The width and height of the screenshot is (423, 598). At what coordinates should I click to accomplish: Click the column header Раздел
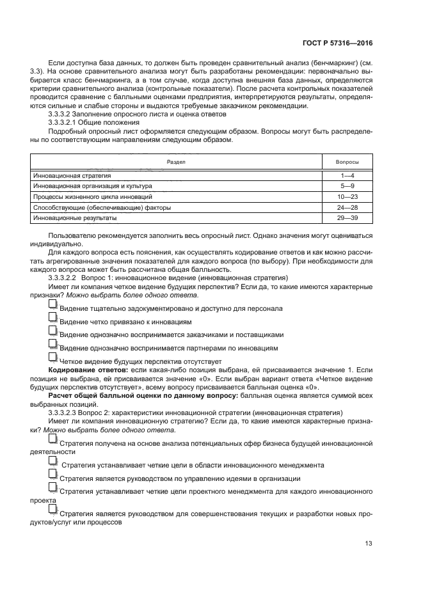(176, 162)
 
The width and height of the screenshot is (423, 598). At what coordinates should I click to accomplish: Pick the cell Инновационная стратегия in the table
(72, 175)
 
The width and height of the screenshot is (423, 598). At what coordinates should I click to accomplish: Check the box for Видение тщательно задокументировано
(52, 306)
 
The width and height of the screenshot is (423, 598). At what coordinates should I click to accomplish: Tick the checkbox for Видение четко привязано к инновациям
(52, 319)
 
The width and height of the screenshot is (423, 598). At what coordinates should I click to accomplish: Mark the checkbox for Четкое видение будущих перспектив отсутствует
(52, 359)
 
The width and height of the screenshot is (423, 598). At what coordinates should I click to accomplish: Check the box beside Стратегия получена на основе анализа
(52, 439)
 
